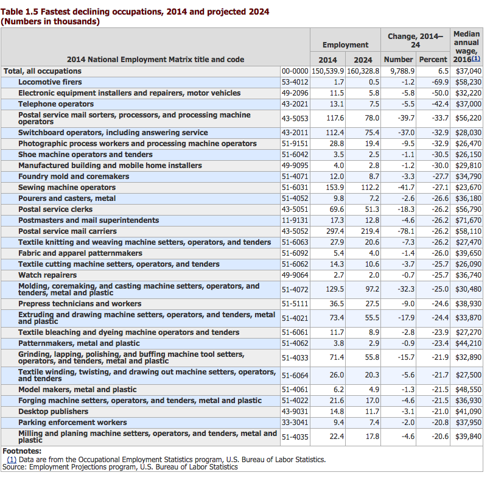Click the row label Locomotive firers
point(50,82)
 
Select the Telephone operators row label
point(56,104)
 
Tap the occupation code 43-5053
point(295,119)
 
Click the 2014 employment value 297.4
point(335,231)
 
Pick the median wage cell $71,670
point(468,220)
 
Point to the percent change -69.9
point(440,82)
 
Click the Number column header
point(399,60)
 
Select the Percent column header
point(433,60)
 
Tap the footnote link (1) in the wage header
point(475,58)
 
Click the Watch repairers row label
point(47,275)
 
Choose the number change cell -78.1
point(406,231)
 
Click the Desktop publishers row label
point(53,412)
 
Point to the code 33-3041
point(295,423)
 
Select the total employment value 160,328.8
point(363,71)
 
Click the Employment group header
point(345,45)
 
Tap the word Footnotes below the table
point(22,451)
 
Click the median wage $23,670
point(468,188)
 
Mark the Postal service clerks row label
point(55,209)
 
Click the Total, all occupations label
point(43,71)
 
